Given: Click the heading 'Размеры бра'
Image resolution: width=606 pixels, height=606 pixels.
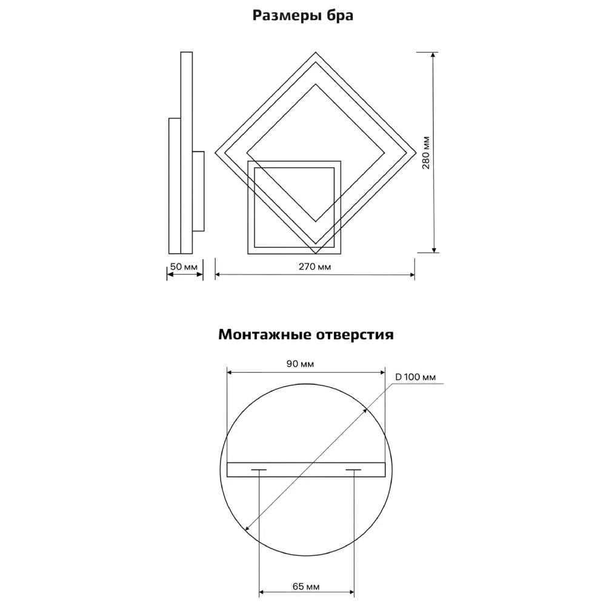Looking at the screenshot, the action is [x=302, y=16].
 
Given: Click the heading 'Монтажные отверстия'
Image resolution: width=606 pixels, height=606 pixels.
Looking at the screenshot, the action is [x=305, y=335].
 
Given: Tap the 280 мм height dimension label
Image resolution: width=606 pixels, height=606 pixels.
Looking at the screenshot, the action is [x=426, y=153].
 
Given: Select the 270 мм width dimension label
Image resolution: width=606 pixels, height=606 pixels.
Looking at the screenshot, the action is [x=315, y=267].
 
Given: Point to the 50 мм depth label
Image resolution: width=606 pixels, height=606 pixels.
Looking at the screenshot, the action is [x=184, y=267].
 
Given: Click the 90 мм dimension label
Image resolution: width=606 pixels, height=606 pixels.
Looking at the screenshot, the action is [x=300, y=364].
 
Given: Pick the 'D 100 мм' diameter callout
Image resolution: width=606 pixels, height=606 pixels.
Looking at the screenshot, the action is [x=416, y=377].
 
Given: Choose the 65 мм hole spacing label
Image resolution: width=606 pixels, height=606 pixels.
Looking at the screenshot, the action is [x=306, y=587].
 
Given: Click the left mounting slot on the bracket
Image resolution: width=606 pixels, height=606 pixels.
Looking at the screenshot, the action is [x=259, y=470].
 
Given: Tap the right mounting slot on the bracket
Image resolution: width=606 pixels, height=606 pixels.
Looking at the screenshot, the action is [x=353, y=470].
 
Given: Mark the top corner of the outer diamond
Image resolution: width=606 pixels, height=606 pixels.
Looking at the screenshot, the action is [x=315, y=52].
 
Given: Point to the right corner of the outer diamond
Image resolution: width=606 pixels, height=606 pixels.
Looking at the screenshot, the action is [x=416, y=153].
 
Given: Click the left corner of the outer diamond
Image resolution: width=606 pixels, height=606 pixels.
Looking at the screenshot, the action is [x=215, y=153].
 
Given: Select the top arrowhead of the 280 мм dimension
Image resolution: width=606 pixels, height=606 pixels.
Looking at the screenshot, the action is [x=434, y=55].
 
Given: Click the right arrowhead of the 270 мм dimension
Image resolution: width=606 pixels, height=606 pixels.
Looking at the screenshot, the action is [x=412, y=275].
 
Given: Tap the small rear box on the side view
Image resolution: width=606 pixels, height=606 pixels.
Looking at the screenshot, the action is [x=198, y=191].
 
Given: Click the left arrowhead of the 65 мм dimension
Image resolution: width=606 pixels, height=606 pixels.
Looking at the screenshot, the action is [x=262, y=592].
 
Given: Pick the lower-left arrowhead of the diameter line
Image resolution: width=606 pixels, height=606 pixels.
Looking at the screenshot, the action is [x=248, y=527].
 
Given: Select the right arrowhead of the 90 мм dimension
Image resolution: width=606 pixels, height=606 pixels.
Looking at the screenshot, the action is [x=382, y=373].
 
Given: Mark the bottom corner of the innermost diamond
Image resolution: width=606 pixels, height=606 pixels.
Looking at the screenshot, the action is [x=316, y=221].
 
